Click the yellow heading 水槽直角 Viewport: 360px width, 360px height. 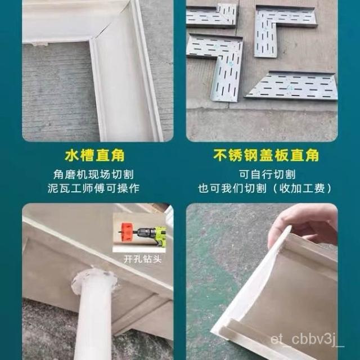tap(94, 156)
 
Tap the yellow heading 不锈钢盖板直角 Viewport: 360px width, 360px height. tap(266, 155)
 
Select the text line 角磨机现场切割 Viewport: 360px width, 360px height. tap(93, 175)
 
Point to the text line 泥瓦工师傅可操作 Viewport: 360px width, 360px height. tap(93, 188)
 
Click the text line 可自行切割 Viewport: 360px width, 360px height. tap(267, 175)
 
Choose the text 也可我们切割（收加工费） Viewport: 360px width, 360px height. tap(265, 188)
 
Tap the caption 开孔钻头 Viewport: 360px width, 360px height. tap(142, 259)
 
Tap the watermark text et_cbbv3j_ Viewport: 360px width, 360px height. tap(307, 340)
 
